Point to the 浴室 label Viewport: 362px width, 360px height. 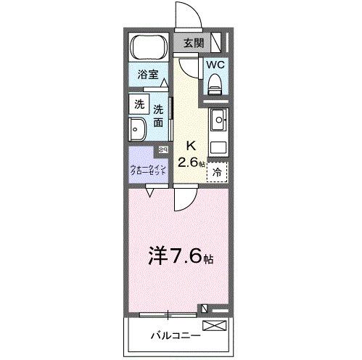tap(148, 74)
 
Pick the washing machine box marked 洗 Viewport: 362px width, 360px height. tap(139, 104)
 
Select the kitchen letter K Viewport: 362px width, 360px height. tap(192, 144)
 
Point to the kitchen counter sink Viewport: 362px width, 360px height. tap(219, 118)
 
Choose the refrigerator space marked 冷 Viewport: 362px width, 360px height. tap(217, 172)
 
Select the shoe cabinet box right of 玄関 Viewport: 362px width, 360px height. tap(220, 43)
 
